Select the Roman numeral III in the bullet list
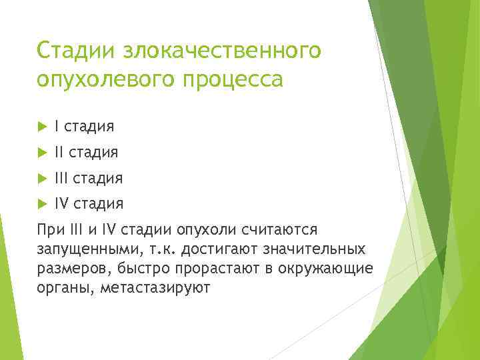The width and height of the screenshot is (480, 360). click(62, 179)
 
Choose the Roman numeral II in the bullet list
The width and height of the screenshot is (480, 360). click(60, 153)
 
